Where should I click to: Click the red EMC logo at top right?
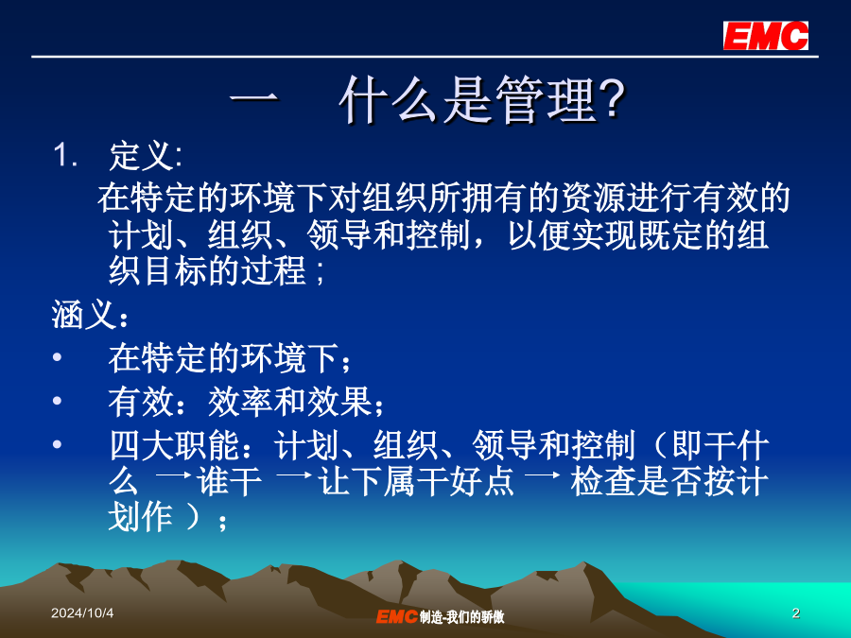pyautogui.click(x=765, y=36)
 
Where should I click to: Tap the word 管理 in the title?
pyautogui.click(x=547, y=99)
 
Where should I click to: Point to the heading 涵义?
pyautogui.click(x=83, y=315)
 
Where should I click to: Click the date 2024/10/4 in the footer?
pyautogui.click(x=82, y=613)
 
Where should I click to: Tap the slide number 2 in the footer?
pyautogui.click(x=795, y=613)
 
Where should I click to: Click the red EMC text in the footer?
pyautogui.click(x=397, y=616)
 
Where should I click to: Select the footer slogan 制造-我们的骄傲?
pyautogui.click(x=461, y=617)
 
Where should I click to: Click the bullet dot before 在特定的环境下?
pyautogui.click(x=57, y=357)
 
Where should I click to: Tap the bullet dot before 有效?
pyautogui.click(x=57, y=401)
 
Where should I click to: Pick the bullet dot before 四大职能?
pyautogui.click(x=57, y=444)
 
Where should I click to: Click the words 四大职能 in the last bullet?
pyautogui.click(x=174, y=445)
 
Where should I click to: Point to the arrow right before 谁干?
pyautogui.click(x=173, y=475)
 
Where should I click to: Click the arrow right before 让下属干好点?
pyautogui.click(x=294, y=475)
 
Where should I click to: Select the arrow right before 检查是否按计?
pyautogui.click(x=542, y=475)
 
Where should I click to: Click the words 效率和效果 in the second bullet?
pyautogui.click(x=290, y=402)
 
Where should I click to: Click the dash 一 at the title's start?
pyautogui.click(x=254, y=98)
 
